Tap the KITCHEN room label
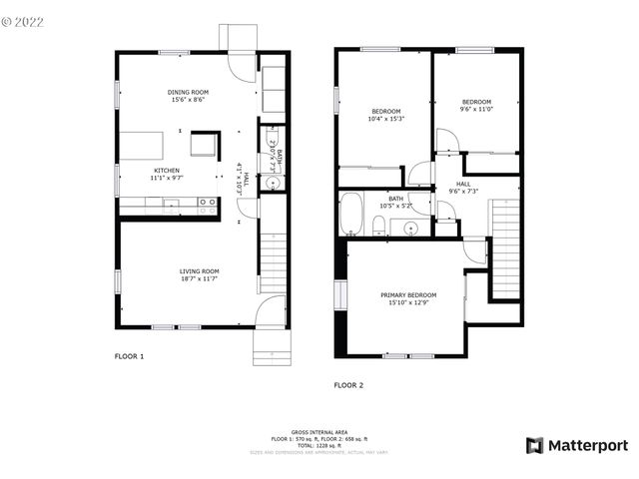click(166, 171)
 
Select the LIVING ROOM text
click(199, 271)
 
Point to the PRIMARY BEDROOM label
click(408, 295)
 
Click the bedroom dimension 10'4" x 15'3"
click(386, 119)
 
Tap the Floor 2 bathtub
click(350, 214)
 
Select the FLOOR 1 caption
click(130, 356)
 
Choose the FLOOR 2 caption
click(349, 384)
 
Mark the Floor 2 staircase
click(505, 249)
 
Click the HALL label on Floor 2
click(464, 184)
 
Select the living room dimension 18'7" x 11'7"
click(199, 279)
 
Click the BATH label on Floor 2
click(396, 199)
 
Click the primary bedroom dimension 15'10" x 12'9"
click(408, 303)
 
